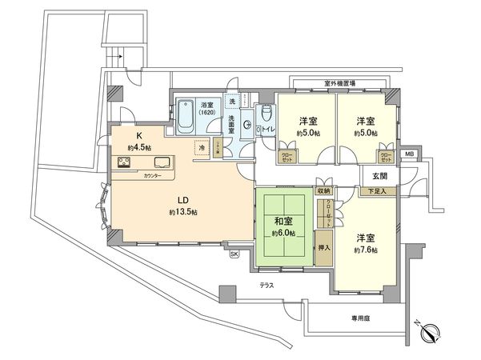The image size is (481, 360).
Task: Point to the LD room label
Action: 183,198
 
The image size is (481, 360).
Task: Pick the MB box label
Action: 409,154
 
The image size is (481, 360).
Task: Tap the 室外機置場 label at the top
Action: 340,82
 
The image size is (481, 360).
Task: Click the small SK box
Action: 234,254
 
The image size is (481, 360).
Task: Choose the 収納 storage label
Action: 323,190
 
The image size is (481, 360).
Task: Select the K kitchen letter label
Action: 138,135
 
